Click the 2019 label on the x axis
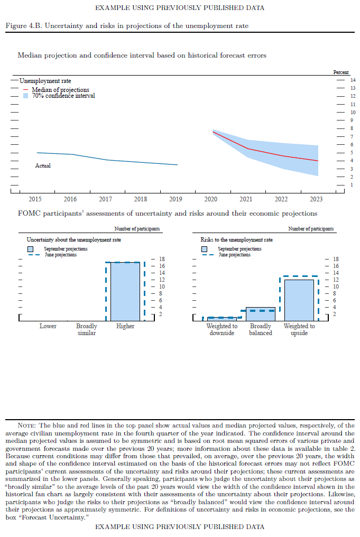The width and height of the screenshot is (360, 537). coord(176,199)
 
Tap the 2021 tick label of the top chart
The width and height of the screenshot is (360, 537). coord(246,199)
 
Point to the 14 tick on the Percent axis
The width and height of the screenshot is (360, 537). coord(353,80)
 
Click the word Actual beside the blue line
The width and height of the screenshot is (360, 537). coord(43,165)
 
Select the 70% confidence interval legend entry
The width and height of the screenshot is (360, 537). coord(63,96)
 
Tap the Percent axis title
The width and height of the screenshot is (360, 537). coord(341,72)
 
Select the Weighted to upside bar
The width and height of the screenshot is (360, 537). coord(299,300)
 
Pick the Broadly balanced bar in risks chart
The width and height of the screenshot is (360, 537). coord(261,313)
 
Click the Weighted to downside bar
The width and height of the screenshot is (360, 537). coord(222,318)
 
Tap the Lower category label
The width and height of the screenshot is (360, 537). coord(48,326)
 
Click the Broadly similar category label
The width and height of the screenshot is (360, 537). coord(87,330)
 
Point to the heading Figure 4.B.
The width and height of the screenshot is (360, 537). coord(21,26)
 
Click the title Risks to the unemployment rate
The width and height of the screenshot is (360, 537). coord(237,239)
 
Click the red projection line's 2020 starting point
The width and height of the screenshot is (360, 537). coord(213,132)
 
